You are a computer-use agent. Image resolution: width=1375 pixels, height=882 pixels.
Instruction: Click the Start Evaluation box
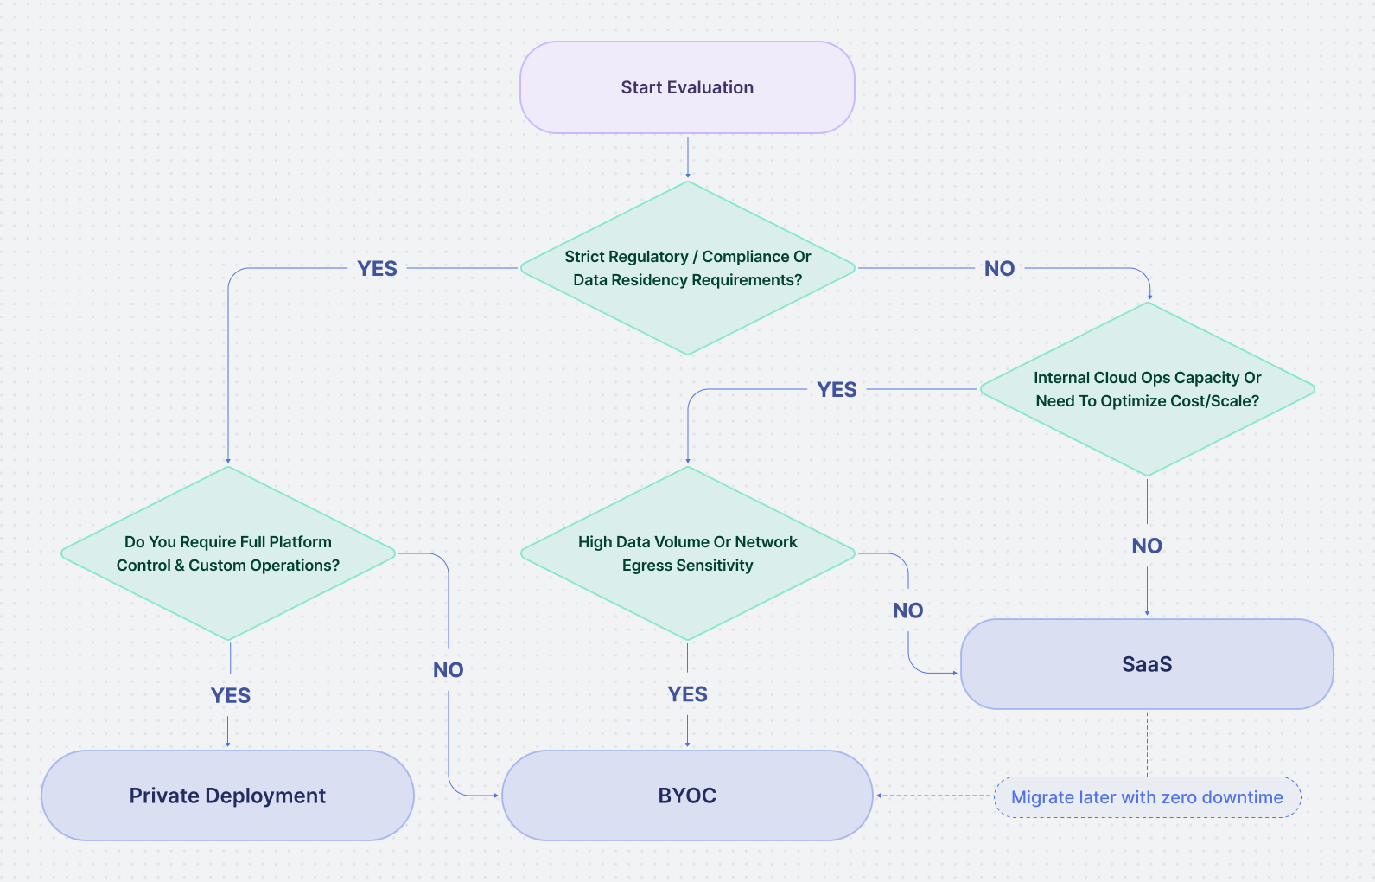(x=687, y=87)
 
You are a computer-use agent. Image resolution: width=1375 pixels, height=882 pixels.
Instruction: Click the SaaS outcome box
(x=1147, y=664)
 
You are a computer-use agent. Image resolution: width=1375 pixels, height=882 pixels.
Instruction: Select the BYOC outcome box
(x=687, y=796)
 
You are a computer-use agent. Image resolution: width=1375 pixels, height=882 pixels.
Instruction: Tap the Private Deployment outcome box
(x=227, y=796)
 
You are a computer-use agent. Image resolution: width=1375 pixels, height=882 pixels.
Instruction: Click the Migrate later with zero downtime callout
(x=1147, y=797)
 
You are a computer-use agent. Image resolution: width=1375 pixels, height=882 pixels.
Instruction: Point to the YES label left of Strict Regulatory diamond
(x=378, y=269)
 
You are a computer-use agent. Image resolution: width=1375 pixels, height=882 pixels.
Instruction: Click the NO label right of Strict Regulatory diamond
(x=999, y=269)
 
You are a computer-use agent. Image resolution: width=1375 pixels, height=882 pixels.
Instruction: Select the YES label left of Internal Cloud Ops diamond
(x=837, y=390)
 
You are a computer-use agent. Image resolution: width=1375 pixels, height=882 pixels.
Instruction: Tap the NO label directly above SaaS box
(x=1147, y=546)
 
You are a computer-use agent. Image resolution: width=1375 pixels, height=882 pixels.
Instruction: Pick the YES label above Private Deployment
(x=231, y=696)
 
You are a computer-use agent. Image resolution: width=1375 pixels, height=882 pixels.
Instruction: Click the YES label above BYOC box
(x=687, y=694)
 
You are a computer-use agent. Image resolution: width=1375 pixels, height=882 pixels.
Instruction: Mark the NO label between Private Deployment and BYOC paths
(x=449, y=670)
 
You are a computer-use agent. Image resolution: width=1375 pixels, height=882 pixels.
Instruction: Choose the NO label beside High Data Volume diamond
(x=908, y=611)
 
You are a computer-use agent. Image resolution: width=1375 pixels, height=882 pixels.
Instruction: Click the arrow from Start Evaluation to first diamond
(x=687, y=157)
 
